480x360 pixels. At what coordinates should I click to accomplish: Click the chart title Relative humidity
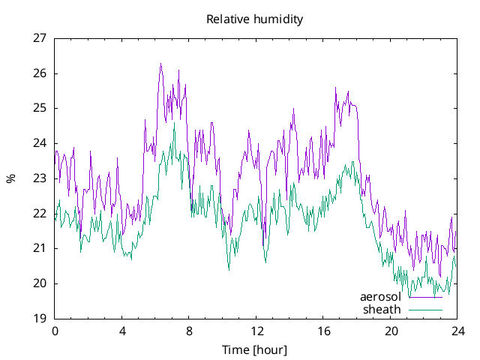tap(255, 19)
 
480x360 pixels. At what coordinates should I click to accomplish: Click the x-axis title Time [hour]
tap(254, 349)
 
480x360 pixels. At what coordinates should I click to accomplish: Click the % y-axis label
tap(11, 178)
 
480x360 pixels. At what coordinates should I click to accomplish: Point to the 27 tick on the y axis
tap(40, 38)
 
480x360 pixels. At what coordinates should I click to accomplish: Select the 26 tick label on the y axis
tap(40, 73)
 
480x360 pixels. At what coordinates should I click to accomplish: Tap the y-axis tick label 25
tap(40, 108)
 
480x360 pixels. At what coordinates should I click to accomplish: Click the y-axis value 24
tap(40, 143)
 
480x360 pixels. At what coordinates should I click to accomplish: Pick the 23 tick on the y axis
tap(40, 178)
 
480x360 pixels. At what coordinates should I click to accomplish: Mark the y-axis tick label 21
tap(40, 248)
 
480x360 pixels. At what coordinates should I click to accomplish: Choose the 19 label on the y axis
tap(40, 319)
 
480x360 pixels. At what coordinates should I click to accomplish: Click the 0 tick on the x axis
tap(55, 331)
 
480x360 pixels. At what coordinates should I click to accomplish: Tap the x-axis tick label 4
tap(122, 331)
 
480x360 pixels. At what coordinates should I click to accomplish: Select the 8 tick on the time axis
tap(189, 331)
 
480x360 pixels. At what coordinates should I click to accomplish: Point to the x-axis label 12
tap(256, 331)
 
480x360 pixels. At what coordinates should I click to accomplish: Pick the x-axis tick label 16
tap(324, 331)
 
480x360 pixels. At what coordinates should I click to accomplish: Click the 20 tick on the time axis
tap(391, 331)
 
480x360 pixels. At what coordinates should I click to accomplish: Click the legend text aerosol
tap(380, 297)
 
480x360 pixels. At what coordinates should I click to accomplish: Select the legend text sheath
tap(382, 309)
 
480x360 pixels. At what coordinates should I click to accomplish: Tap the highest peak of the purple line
tap(160, 64)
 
